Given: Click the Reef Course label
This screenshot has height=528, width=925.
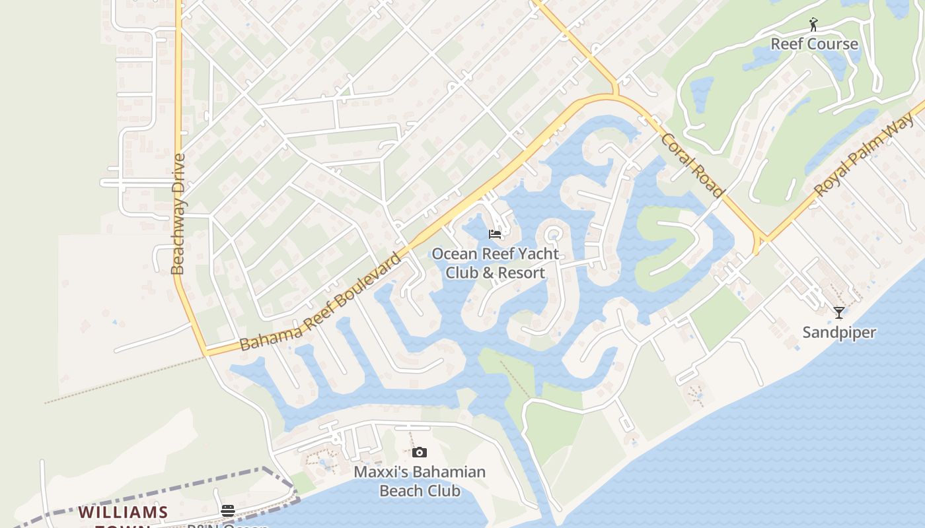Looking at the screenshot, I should [814, 44].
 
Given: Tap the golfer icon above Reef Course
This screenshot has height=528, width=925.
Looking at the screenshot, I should [813, 25].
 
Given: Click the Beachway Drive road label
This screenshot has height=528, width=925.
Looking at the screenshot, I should [178, 214].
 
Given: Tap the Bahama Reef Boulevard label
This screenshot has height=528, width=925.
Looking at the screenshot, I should [320, 302].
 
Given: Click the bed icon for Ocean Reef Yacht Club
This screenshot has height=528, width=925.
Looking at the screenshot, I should [494, 234].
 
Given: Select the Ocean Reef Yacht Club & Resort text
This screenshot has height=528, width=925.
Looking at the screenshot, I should [495, 263].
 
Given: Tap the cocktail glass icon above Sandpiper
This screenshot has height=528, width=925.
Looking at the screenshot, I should [838, 312].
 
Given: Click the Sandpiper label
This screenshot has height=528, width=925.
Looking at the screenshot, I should [838, 332].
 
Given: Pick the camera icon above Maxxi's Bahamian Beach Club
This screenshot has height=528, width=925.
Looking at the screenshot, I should [419, 453].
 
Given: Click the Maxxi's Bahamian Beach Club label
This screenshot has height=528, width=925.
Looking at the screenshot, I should [420, 481].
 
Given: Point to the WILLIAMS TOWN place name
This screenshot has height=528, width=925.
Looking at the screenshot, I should [123, 513].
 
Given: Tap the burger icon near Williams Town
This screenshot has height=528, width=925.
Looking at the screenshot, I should [228, 510].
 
